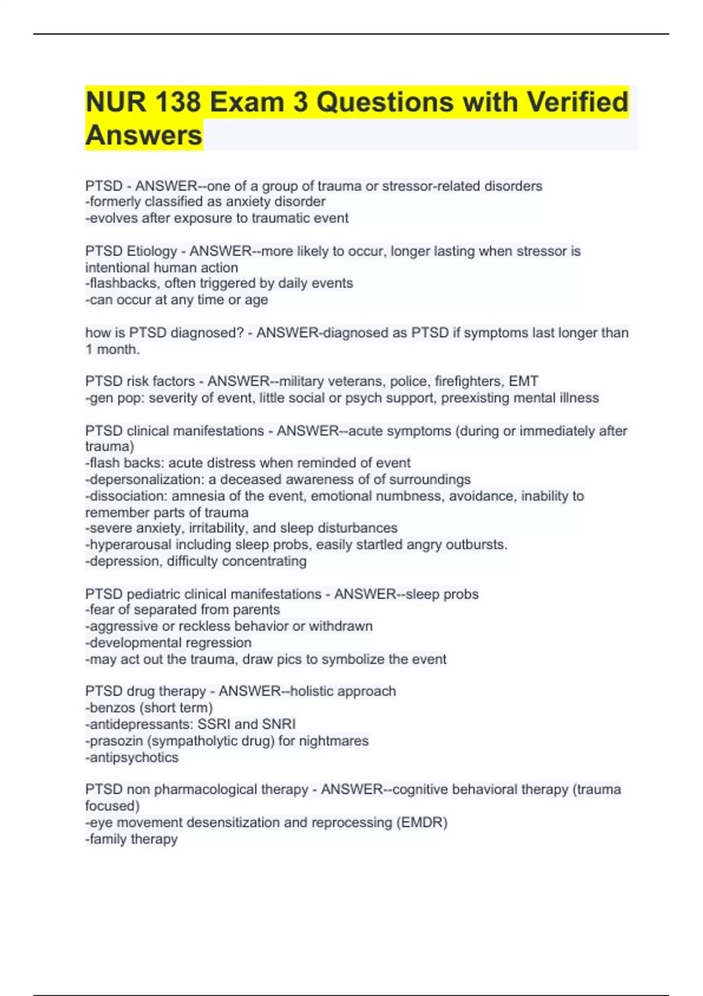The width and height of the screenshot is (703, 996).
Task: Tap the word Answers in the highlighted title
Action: [144, 135]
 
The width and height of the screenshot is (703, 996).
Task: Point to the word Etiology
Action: [151, 251]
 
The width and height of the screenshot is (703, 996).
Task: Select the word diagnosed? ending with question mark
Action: [207, 332]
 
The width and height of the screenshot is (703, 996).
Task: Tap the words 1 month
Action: [112, 349]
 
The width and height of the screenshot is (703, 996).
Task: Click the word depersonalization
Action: [145, 479]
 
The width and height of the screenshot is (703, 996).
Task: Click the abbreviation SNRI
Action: [279, 724]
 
